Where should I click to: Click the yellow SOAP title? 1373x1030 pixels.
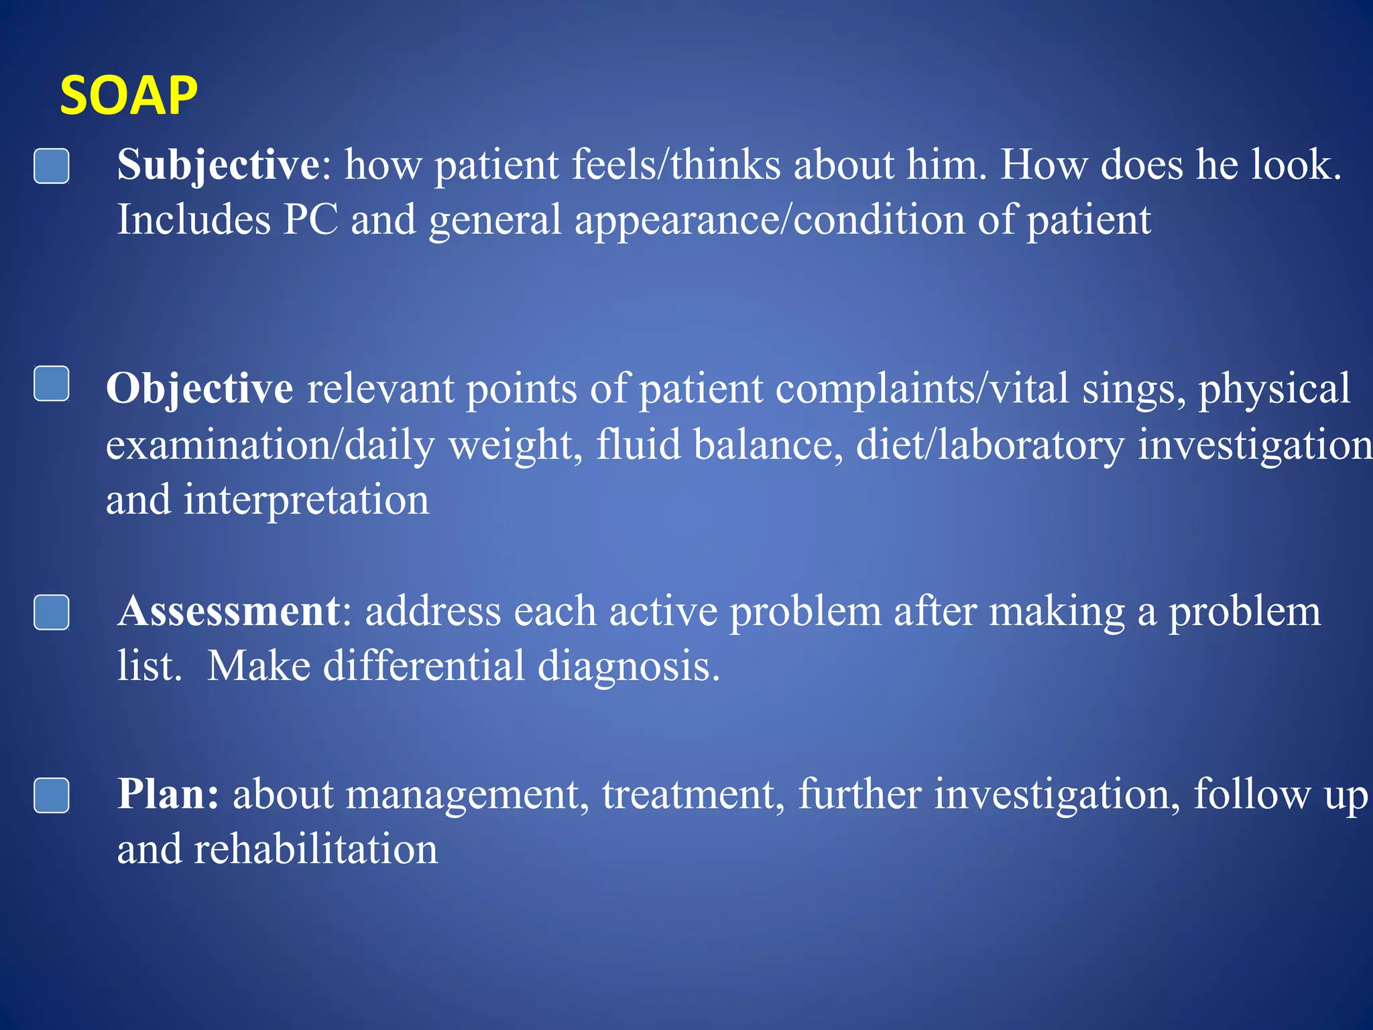pyautogui.click(x=129, y=96)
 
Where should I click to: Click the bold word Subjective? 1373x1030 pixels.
pyautogui.click(x=218, y=165)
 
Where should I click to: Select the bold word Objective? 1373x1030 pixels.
pyautogui.click(x=199, y=389)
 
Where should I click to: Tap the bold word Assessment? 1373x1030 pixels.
pyautogui.click(x=229, y=612)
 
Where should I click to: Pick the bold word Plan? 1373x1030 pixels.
pyautogui.click(x=168, y=795)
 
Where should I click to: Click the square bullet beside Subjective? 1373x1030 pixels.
pyautogui.click(x=52, y=166)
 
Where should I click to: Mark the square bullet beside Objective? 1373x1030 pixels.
pyautogui.click(x=52, y=384)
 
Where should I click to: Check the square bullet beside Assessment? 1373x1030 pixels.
pyautogui.click(x=52, y=612)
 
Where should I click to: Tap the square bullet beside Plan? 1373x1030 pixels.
pyautogui.click(x=52, y=795)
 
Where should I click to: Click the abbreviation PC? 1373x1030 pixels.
pyautogui.click(x=310, y=220)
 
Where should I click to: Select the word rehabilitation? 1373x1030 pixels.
pyautogui.click(x=315, y=850)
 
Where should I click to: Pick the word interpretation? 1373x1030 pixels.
pyautogui.click(x=306, y=500)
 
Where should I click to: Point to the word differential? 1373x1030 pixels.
pyautogui.click(x=424, y=667)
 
